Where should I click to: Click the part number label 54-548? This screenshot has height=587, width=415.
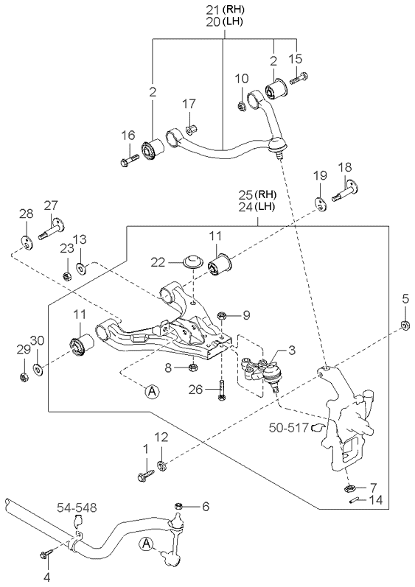77,507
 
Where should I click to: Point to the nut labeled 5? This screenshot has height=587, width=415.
405,326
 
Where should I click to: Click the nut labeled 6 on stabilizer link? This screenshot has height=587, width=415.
178,506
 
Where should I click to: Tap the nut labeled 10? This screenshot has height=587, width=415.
242,108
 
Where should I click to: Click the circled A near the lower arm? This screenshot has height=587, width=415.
152,392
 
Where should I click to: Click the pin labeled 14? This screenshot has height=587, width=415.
353,502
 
